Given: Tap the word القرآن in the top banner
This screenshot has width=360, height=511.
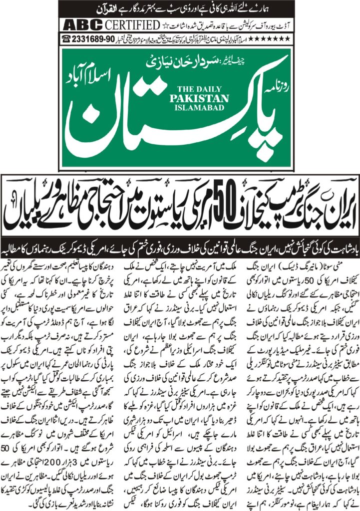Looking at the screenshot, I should click(x=284, y=9).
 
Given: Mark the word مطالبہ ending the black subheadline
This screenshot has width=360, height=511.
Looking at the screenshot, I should click(x=24, y=247).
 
